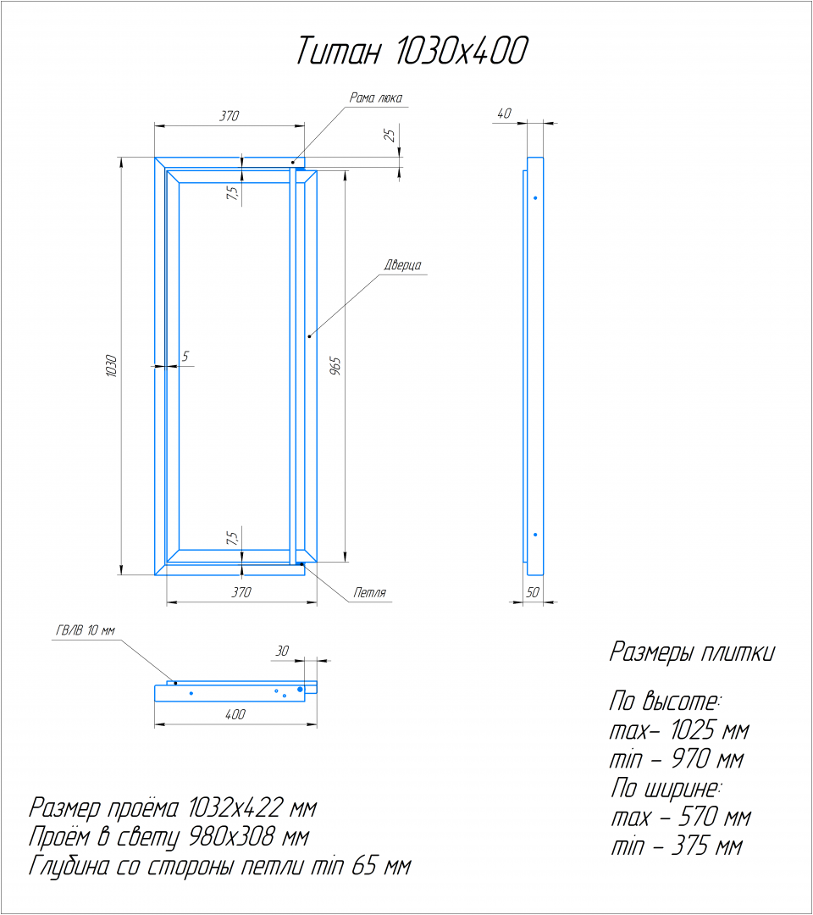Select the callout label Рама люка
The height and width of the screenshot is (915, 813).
point(376,98)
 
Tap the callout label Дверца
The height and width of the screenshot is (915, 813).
point(402,265)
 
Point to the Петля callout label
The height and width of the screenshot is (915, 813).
point(369,593)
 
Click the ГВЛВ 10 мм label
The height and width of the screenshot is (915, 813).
point(85,630)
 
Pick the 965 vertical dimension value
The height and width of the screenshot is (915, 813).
point(335,366)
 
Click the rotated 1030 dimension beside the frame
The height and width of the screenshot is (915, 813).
point(111,366)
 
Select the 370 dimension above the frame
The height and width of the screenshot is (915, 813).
point(229,117)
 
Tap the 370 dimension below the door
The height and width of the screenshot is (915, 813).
point(241,593)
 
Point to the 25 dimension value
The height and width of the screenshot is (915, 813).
point(390,135)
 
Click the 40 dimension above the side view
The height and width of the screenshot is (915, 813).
point(505,114)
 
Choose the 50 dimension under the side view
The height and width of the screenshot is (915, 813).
point(533,593)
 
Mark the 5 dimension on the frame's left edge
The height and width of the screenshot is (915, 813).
point(185,357)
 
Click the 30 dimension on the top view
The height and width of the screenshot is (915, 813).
point(282,651)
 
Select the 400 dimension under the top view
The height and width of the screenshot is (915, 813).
point(235,715)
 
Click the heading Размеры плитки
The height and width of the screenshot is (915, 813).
point(691,653)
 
